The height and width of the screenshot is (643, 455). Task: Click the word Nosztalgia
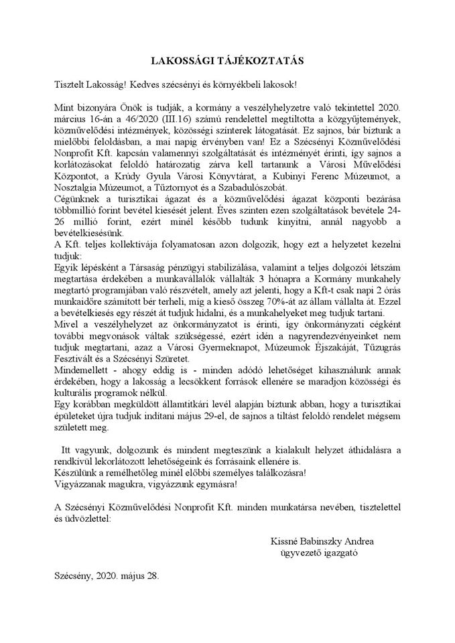pyautogui.click(x=79, y=188)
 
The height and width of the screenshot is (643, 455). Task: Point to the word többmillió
pyautogui.click(x=77, y=211)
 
